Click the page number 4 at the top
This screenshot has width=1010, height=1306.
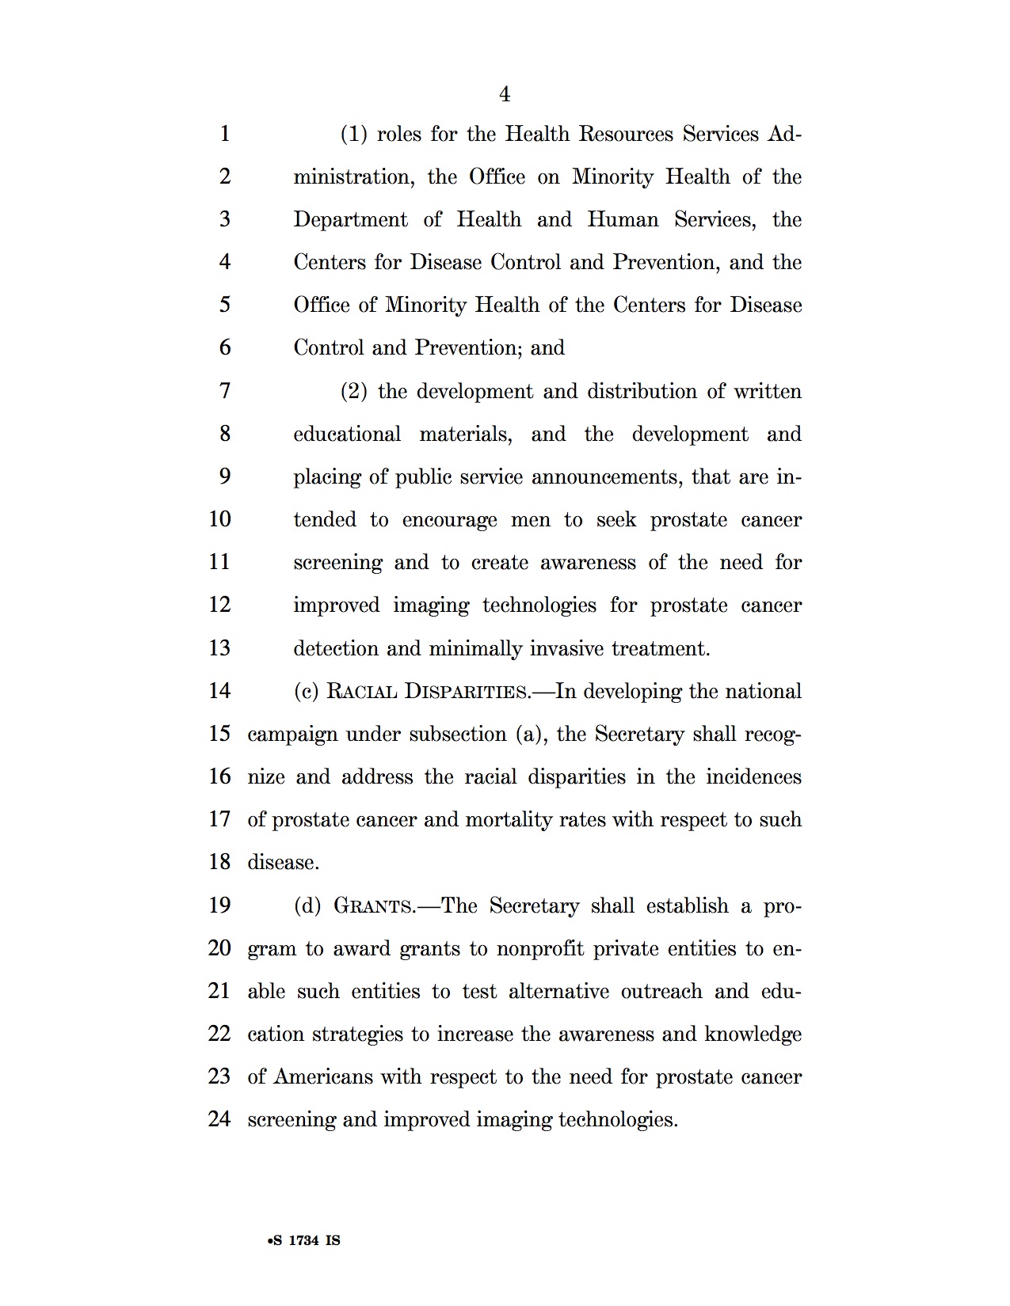click(505, 95)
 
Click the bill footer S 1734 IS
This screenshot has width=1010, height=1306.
click(304, 1240)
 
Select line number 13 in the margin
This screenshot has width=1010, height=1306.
click(219, 648)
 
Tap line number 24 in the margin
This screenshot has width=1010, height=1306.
click(219, 1119)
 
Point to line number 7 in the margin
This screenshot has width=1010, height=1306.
click(225, 391)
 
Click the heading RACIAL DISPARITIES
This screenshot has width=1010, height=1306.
click(429, 692)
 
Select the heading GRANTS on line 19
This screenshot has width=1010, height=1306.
click(374, 905)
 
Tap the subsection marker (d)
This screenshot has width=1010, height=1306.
click(307, 905)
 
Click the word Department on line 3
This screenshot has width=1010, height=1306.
click(350, 220)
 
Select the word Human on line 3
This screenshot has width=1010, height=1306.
click(623, 220)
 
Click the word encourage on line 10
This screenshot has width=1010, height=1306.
click(449, 521)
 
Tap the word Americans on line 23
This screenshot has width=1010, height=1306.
click(323, 1077)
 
